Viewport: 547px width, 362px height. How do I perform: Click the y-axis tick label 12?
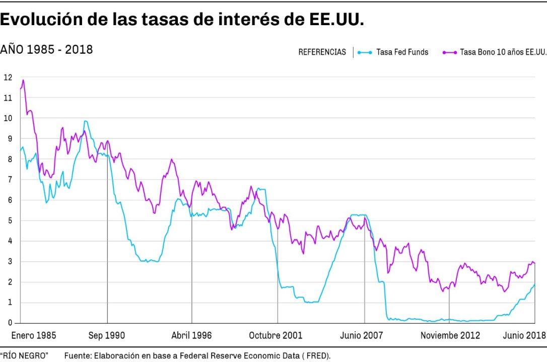[x=8, y=77]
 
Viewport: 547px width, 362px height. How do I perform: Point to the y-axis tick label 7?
[x=8, y=179]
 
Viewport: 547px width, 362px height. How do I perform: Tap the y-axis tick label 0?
[x=8, y=323]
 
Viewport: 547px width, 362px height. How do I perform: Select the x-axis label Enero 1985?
[x=34, y=335]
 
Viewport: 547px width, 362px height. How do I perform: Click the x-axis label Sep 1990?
[x=107, y=335]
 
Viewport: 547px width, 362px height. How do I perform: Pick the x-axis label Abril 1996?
[x=191, y=335]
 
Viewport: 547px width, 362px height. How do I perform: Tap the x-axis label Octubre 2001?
[x=276, y=335]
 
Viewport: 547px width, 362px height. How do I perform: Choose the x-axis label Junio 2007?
[x=362, y=335]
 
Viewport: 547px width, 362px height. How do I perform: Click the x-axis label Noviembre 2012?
[x=450, y=335]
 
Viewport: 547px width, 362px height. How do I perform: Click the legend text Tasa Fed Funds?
[x=402, y=52]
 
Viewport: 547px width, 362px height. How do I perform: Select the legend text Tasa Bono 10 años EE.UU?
[x=503, y=52]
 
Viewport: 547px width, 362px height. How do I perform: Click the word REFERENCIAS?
[x=322, y=52]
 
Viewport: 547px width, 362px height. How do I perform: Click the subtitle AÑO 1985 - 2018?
[x=46, y=49]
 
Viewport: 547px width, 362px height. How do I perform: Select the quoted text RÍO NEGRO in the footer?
[x=24, y=356]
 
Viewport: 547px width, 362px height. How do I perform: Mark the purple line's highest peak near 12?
[x=23, y=80]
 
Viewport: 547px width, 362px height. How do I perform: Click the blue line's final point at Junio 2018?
[x=534, y=284]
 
